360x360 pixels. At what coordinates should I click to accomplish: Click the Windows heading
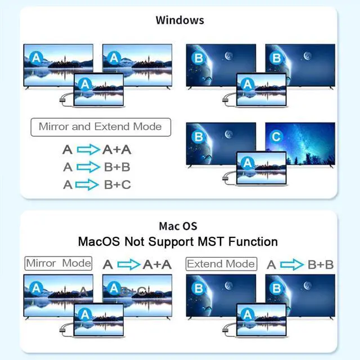pos(179,20)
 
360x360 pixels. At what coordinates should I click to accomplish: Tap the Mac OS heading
pos(178,226)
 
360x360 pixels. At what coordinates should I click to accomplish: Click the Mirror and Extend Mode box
pos(100,127)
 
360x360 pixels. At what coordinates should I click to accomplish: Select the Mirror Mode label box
pos(58,263)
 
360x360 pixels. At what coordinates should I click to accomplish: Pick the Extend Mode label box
pos(220,263)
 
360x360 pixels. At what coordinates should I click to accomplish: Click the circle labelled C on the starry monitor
pos(276,137)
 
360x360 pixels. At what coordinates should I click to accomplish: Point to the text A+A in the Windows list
pos(116,150)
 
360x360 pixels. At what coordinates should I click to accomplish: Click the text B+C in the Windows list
pos(118,184)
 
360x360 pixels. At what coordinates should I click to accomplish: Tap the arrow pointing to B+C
pos(87,184)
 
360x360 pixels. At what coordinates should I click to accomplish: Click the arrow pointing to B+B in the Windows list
pos(87,167)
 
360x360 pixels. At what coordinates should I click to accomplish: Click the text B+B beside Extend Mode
pos(321,264)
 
